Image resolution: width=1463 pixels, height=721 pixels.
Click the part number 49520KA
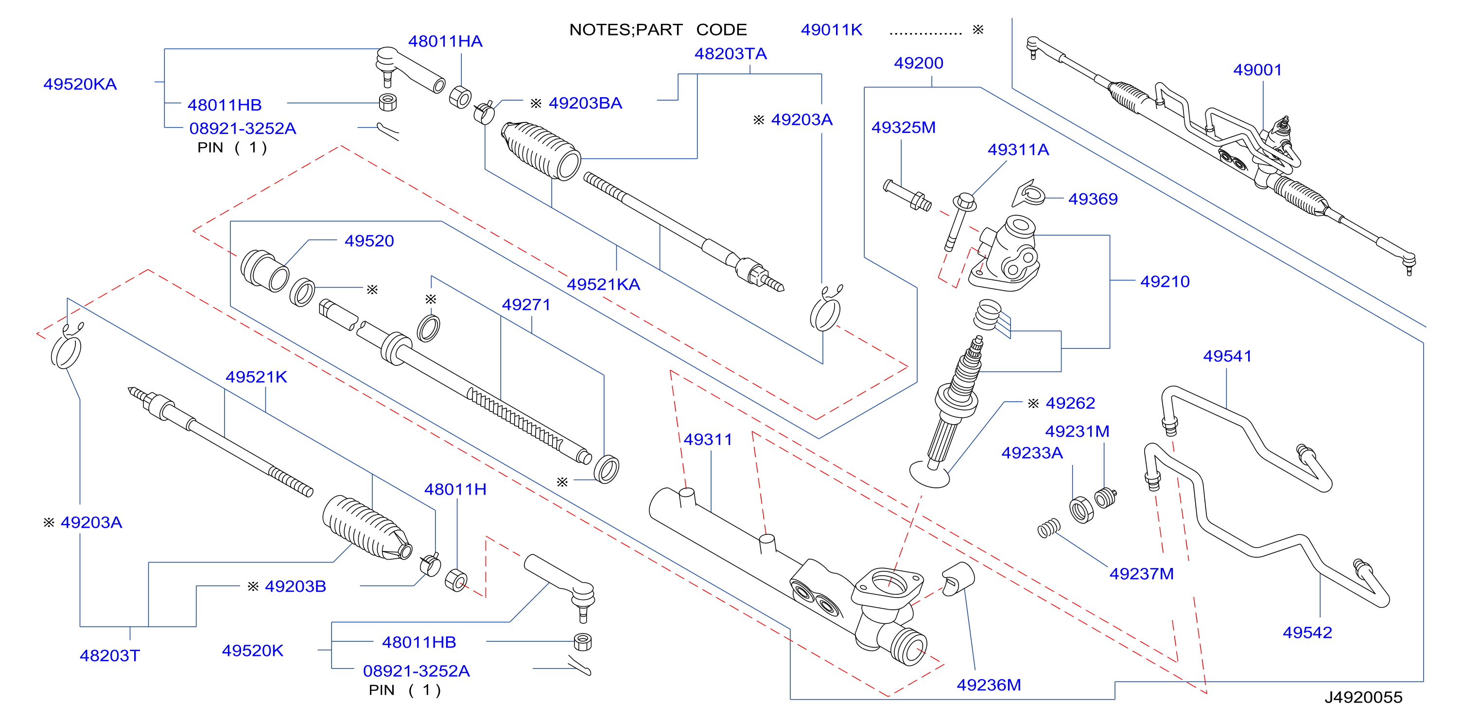(80, 84)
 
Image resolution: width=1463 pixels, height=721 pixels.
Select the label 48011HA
(445, 41)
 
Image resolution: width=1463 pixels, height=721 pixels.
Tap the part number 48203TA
(731, 54)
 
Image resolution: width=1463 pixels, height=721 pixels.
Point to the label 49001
(1257, 70)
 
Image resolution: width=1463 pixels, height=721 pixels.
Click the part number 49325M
(903, 128)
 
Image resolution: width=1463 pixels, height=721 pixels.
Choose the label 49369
(1093, 199)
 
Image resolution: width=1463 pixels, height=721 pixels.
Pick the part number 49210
(1165, 282)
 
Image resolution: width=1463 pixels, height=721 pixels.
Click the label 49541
(1227, 357)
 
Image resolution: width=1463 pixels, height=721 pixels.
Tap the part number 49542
(1307, 633)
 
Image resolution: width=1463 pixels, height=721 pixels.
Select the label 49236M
(989, 685)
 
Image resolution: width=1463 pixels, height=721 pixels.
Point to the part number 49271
(526, 305)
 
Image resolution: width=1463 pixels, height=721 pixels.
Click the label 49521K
(256, 377)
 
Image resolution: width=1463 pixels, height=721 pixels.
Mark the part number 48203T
(110, 656)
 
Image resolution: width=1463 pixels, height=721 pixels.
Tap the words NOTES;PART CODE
(658, 30)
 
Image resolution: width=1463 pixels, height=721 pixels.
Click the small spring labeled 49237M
(1048, 528)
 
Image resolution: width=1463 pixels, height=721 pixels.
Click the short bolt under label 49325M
(907, 195)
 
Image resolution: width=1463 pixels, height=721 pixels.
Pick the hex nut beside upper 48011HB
(388, 102)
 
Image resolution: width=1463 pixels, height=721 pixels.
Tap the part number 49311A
(1018, 150)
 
